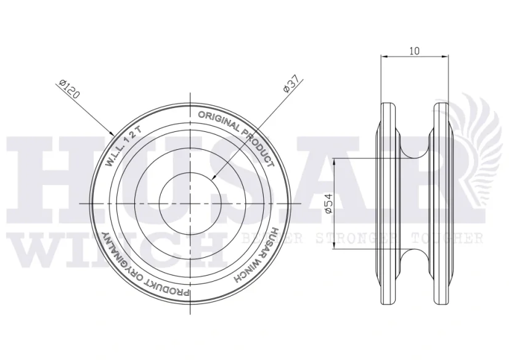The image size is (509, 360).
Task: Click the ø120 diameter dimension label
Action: pos(70,89)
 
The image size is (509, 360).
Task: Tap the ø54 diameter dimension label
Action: pos(329,204)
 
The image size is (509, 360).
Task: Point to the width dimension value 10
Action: pos(415,51)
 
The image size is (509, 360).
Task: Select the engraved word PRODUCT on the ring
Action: pos(259,147)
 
